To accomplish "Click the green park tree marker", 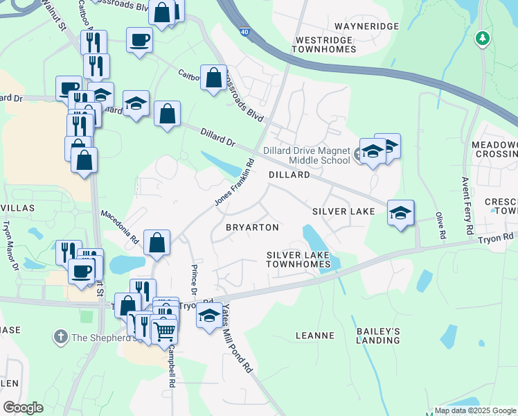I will (x=483, y=39).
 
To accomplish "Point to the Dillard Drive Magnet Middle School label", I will (x=307, y=155).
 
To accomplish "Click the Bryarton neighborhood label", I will (x=252, y=227).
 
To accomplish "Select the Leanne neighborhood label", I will (x=315, y=336).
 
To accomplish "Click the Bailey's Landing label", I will (x=378, y=336).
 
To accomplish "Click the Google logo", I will (x=23, y=408).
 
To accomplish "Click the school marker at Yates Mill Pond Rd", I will (x=209, y=315).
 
